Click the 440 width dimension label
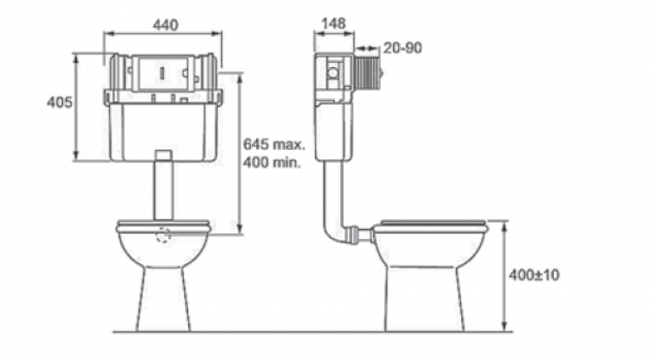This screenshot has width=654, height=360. click(166, 25)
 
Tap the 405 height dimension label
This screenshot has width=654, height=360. click(59, 102)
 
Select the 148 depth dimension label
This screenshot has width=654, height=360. click(334, 24)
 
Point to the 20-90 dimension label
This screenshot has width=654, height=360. click(403, 48)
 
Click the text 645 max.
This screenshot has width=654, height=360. click(275, 145)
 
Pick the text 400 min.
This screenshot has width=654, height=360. click(272, 162)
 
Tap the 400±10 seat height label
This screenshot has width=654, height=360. click(534, 275)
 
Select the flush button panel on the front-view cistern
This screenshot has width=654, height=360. click(163, 74)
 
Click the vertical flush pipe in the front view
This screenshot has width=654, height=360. click(163, 185)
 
